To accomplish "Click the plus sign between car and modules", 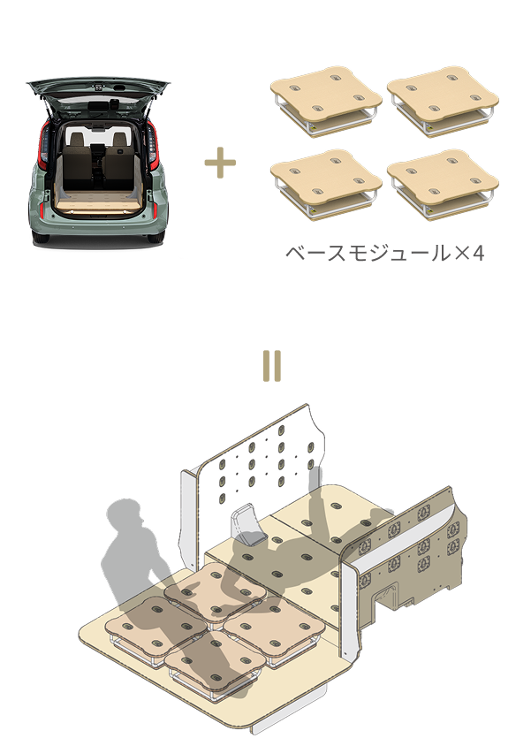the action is [220, 163].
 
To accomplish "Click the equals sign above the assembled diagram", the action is [272, 366].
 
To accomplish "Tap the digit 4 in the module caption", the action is [478, 254].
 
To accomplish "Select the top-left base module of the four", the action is [326, 101].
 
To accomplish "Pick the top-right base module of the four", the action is [443, 101].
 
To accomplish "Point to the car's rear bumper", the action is [97, 229].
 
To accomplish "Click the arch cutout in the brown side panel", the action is [386, 598].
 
